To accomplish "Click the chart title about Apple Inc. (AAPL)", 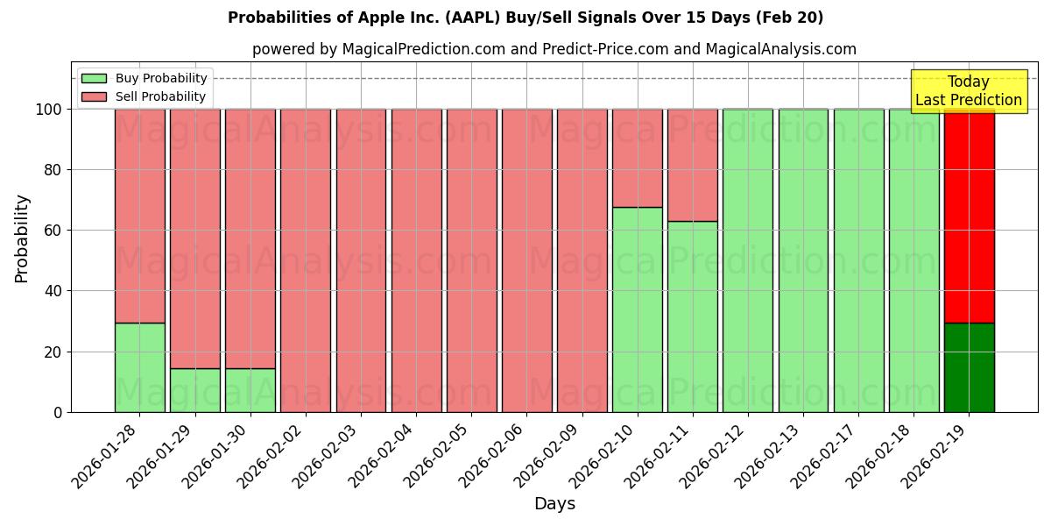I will (x=525, y=18).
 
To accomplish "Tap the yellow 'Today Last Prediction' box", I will (x=968, y=91).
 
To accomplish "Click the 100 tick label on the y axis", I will (x=48, y=110).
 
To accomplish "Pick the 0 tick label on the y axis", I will (x=58, y=412).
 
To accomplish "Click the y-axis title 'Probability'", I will (x=22, y=238).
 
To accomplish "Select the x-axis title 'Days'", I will (x=554, y=504).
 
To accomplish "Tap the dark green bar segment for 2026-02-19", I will (x=969, y=367).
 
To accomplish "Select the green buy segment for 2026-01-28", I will (x=140, y=367).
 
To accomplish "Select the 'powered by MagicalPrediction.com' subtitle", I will (x=554, y=49).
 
